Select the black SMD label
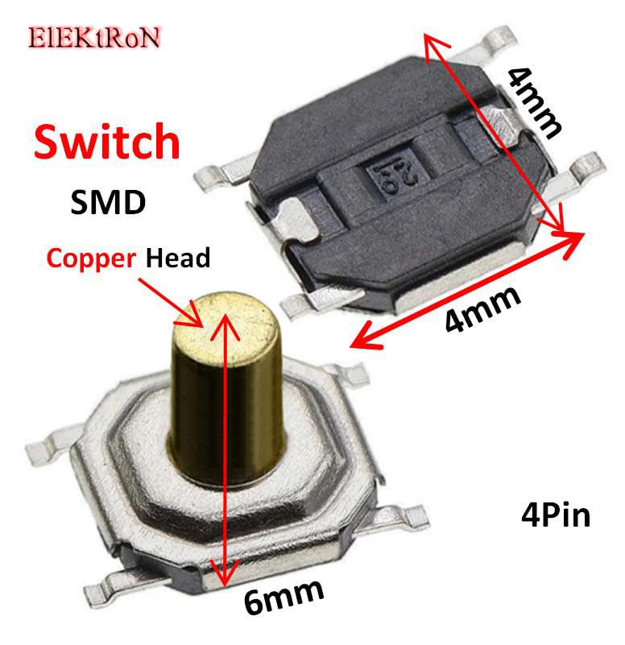pyautogui.click(x=108, y=201)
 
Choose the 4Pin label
pyautogui.click(x=555, y=515)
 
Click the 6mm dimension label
pyautogui.click(x=284, y=597)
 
